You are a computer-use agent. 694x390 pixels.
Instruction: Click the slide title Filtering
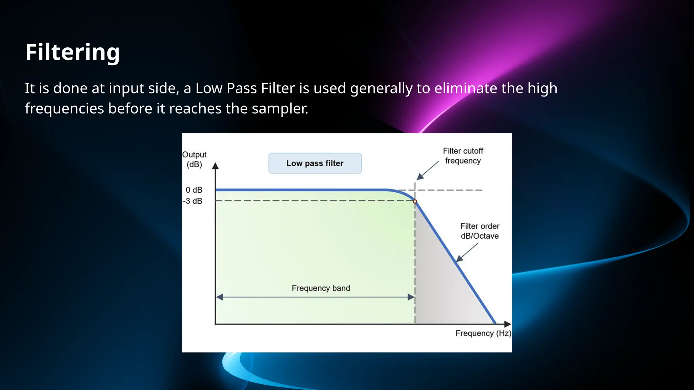point(73,52)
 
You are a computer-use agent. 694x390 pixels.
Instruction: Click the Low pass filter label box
point(315,163)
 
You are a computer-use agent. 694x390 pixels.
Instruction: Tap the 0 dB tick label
point(194,190)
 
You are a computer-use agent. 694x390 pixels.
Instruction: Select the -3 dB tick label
point(192,201)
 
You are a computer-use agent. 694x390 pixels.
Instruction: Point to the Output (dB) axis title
point(194,159)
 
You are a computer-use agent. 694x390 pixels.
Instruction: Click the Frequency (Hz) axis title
point(483,333)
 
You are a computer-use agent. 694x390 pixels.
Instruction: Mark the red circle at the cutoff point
point(415,201)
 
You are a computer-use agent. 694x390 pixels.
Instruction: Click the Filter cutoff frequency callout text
point(463,156)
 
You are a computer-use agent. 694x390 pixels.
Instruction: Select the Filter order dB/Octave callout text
point(479,231)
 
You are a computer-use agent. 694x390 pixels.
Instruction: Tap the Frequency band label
point(321,288)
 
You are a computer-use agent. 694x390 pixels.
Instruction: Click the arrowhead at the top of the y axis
point(215,166)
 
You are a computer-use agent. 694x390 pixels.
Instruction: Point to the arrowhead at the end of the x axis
point(507,324)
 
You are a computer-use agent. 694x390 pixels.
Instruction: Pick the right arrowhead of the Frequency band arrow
point(411,297)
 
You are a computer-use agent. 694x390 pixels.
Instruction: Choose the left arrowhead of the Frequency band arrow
point(220,297)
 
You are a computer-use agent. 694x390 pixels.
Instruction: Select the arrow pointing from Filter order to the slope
point(467,253)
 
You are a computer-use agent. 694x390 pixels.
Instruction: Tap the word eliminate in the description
point(466,88)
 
